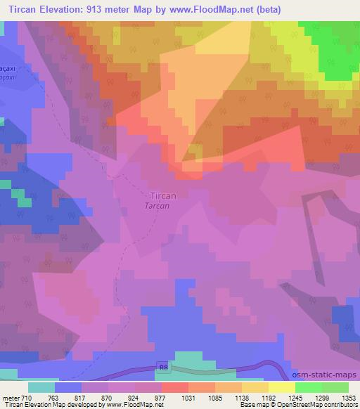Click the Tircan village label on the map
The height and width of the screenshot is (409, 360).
tap(163, 196)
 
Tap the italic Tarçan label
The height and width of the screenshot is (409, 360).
tap(161, 206)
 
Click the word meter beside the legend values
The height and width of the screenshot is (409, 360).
tap(10, 397)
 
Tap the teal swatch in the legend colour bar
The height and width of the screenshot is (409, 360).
tap(41, 387)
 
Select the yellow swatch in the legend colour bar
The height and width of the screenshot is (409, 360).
tap(281, 387)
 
